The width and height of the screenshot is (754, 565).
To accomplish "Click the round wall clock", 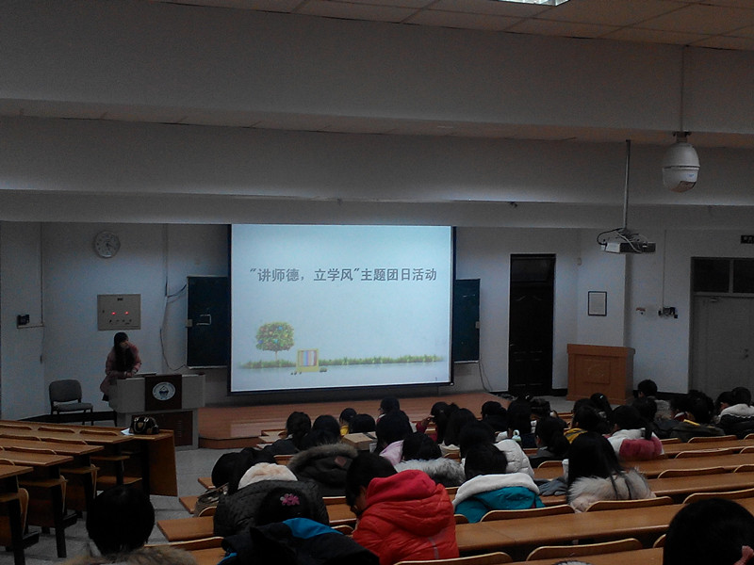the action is (107, 245).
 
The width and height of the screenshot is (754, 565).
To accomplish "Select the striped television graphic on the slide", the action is (307, 361).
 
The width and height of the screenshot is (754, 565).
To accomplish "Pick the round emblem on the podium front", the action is (163, 391).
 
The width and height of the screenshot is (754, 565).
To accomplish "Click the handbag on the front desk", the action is (144, 426).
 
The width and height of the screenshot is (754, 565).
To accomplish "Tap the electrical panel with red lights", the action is (119, 312).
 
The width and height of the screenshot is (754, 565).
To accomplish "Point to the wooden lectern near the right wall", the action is (600, 373).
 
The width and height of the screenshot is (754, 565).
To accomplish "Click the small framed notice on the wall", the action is (598, 303).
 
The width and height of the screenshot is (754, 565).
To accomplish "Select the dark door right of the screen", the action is (532, 325).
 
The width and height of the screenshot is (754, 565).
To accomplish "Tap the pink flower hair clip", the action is (290, 500).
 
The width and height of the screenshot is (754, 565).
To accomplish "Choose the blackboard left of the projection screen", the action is (208, 321).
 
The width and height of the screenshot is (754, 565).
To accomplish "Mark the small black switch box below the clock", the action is (23, 320).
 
